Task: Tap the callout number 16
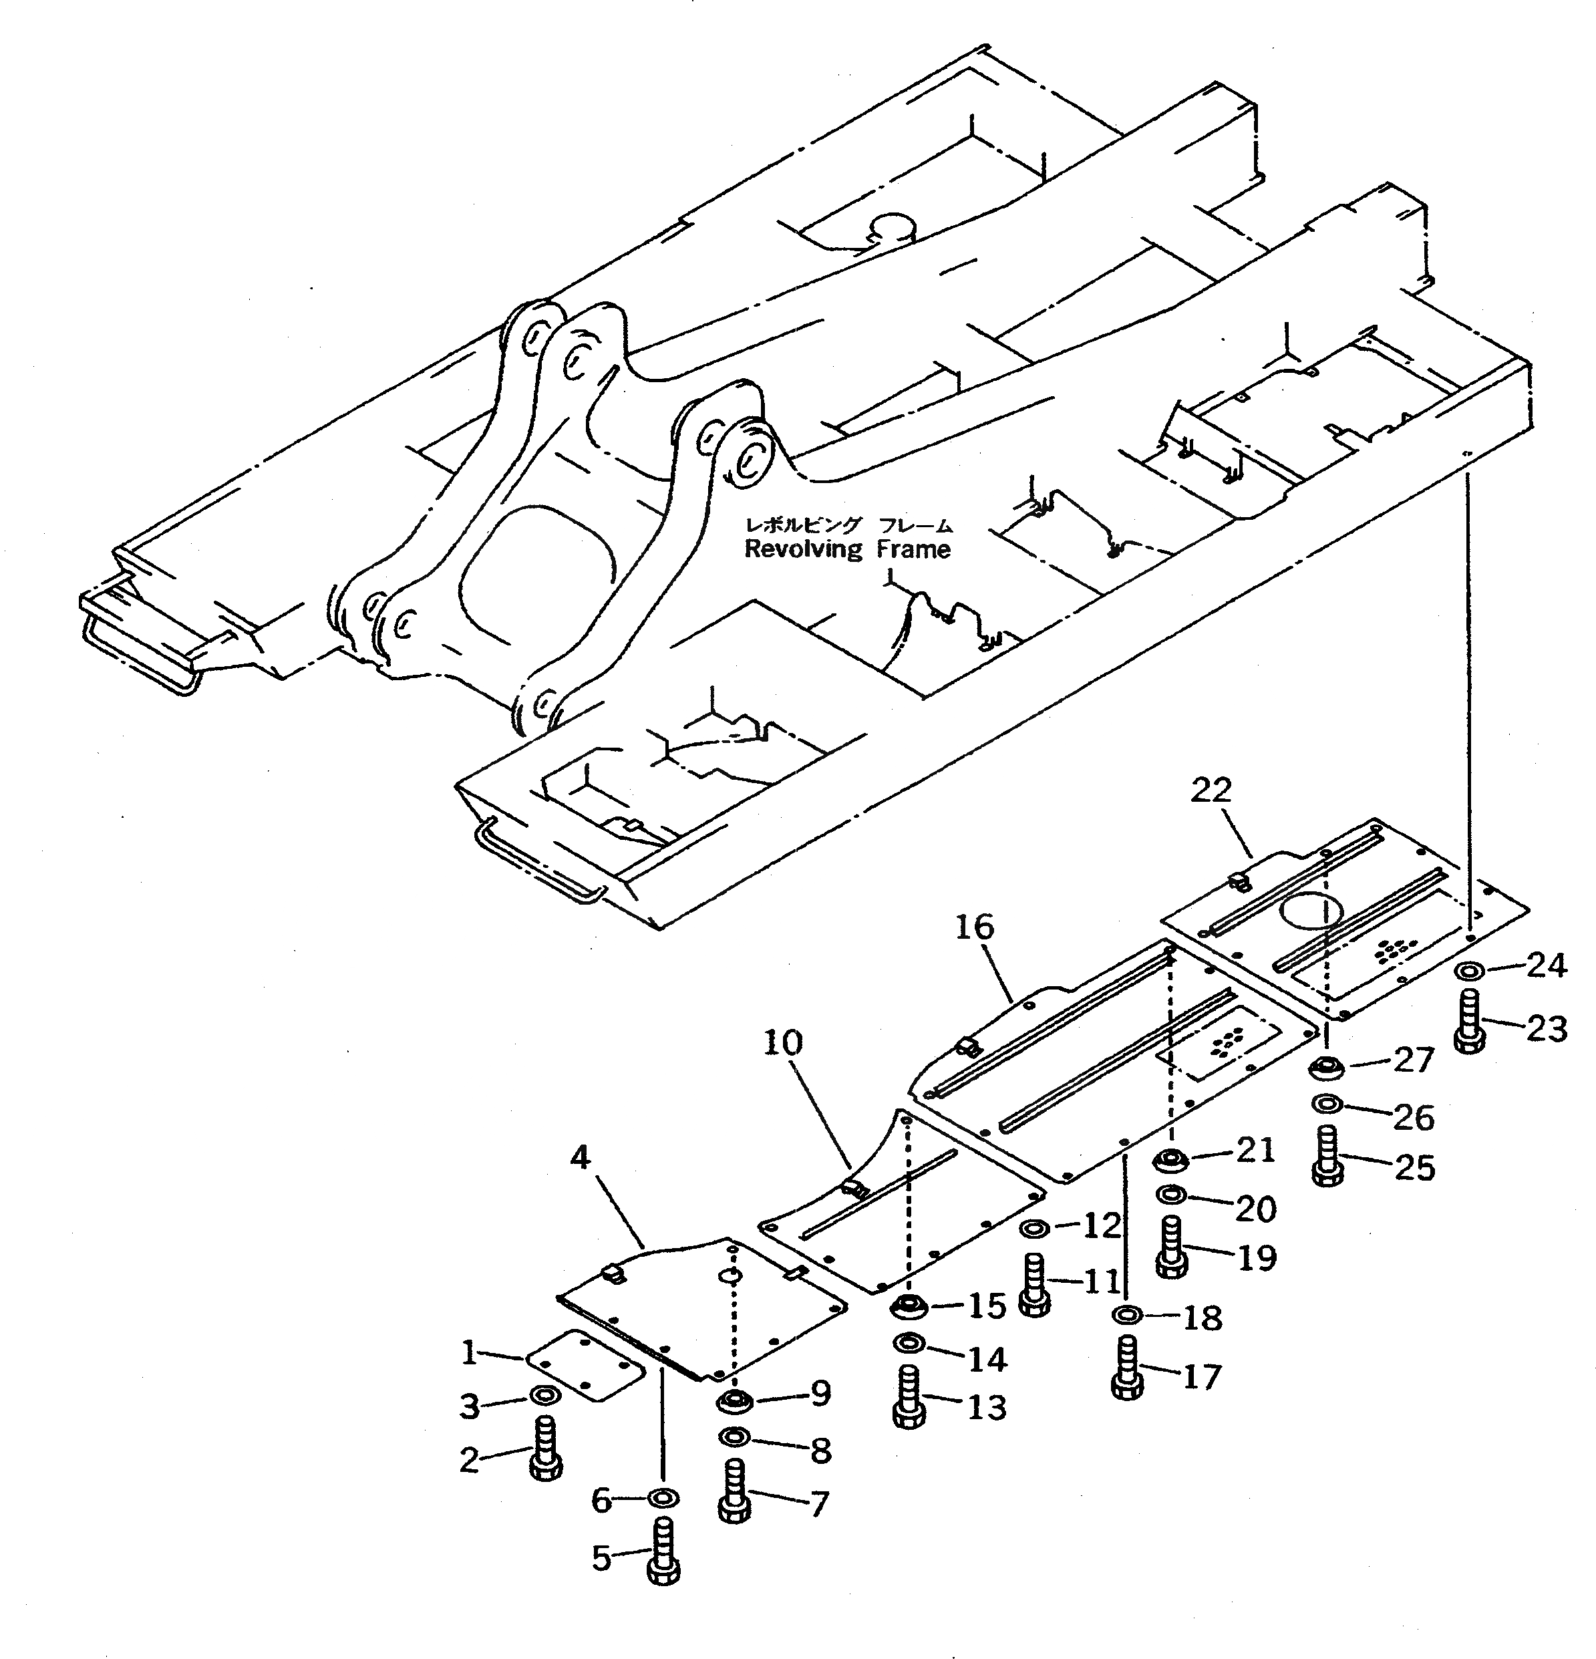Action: pos(974,927)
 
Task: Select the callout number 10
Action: pos(783,1043)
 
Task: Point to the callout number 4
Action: pos(580,1157)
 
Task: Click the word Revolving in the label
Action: pos(802,549)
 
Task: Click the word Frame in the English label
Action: pos(913,549)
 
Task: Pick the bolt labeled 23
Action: pos(1471,1022)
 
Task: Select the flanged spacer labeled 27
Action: pos(1326,1068)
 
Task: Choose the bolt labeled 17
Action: pos(1126,1368)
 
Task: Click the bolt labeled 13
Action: pos(909,1398)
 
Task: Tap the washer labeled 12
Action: pos(1035,1227)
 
